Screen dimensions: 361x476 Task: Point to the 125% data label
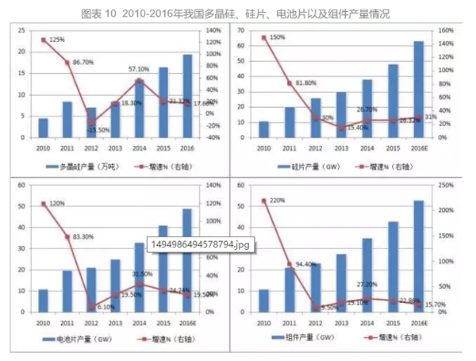56,39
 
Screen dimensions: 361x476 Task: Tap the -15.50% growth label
98,129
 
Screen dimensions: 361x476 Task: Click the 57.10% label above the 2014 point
140,70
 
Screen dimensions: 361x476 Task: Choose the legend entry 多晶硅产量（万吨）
92,167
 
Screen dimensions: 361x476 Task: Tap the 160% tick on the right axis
446,31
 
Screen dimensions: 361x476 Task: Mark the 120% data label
56,204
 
